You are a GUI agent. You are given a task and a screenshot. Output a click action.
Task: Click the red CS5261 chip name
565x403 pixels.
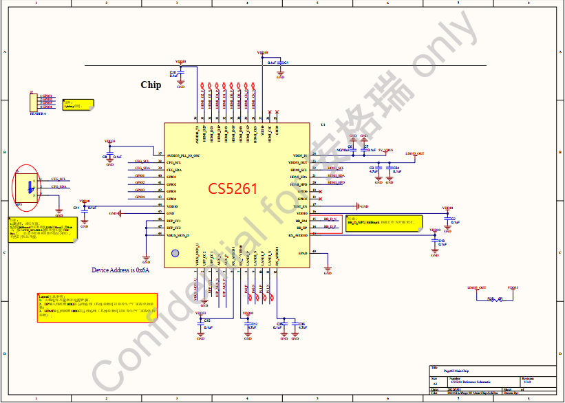click(x=233, y=188)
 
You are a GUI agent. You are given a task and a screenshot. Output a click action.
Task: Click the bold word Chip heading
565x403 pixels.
click(x=151, y=85)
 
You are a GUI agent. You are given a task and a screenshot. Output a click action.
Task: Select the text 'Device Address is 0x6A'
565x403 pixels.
click(x=120, y=270)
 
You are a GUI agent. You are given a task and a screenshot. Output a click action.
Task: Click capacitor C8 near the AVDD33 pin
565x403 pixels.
click(x=109, y=156)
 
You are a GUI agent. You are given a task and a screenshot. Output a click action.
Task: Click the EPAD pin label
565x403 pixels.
click(x=303, y=253)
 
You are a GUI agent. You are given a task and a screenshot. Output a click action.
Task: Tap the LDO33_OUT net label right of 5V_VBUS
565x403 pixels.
click(x=415, y=153)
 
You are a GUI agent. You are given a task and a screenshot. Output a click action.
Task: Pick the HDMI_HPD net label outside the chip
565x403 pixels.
click(x=337, y=184)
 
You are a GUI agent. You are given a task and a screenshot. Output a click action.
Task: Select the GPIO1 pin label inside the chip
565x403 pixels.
click(x=171, y=177)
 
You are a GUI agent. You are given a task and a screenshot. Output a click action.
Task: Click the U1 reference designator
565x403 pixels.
click(x=323, y=124)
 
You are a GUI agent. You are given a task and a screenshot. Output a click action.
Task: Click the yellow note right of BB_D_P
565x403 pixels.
click(x=384, y=223)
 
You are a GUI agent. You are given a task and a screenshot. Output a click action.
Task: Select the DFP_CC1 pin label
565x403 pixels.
click(x=173, y=221)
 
